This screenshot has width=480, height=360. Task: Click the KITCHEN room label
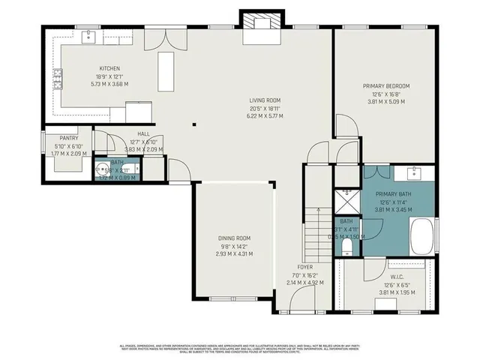[x=109, y=69]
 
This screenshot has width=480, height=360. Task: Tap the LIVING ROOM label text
[x=265, y=100]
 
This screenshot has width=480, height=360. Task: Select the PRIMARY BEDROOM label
[x=385, y=86]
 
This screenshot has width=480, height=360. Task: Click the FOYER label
[x=304, y=267]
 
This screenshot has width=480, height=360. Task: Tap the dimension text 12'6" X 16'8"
[x=385, y=94]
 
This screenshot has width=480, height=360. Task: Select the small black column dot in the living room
[x=193, y=124]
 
